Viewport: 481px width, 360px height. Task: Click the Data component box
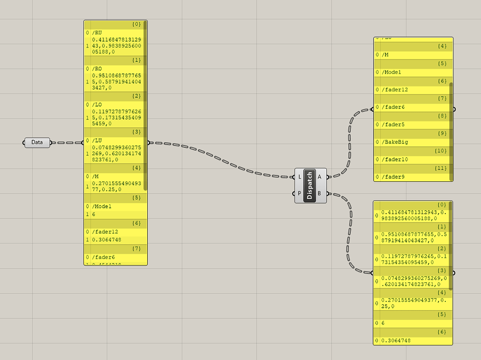coord(37,143)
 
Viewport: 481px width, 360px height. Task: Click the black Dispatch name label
coord(310,185)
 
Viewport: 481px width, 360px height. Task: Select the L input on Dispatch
coord(300,177)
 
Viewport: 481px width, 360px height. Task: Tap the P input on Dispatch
coord(300,194)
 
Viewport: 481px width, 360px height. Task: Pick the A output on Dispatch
coord(320,177)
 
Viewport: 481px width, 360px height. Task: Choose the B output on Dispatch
coord(320,194)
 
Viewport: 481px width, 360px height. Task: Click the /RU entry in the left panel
coord(97,33)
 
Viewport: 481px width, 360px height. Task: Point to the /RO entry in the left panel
coord(97,69)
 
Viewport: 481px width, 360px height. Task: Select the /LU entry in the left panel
coord(97,140)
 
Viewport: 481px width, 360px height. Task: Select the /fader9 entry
coord(394,177)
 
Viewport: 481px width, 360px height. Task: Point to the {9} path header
coord(442,133)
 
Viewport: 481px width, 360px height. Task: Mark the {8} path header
coord(442,116)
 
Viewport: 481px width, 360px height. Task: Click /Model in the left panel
coord(102,206)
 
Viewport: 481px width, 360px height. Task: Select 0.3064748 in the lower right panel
coord(396,341)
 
